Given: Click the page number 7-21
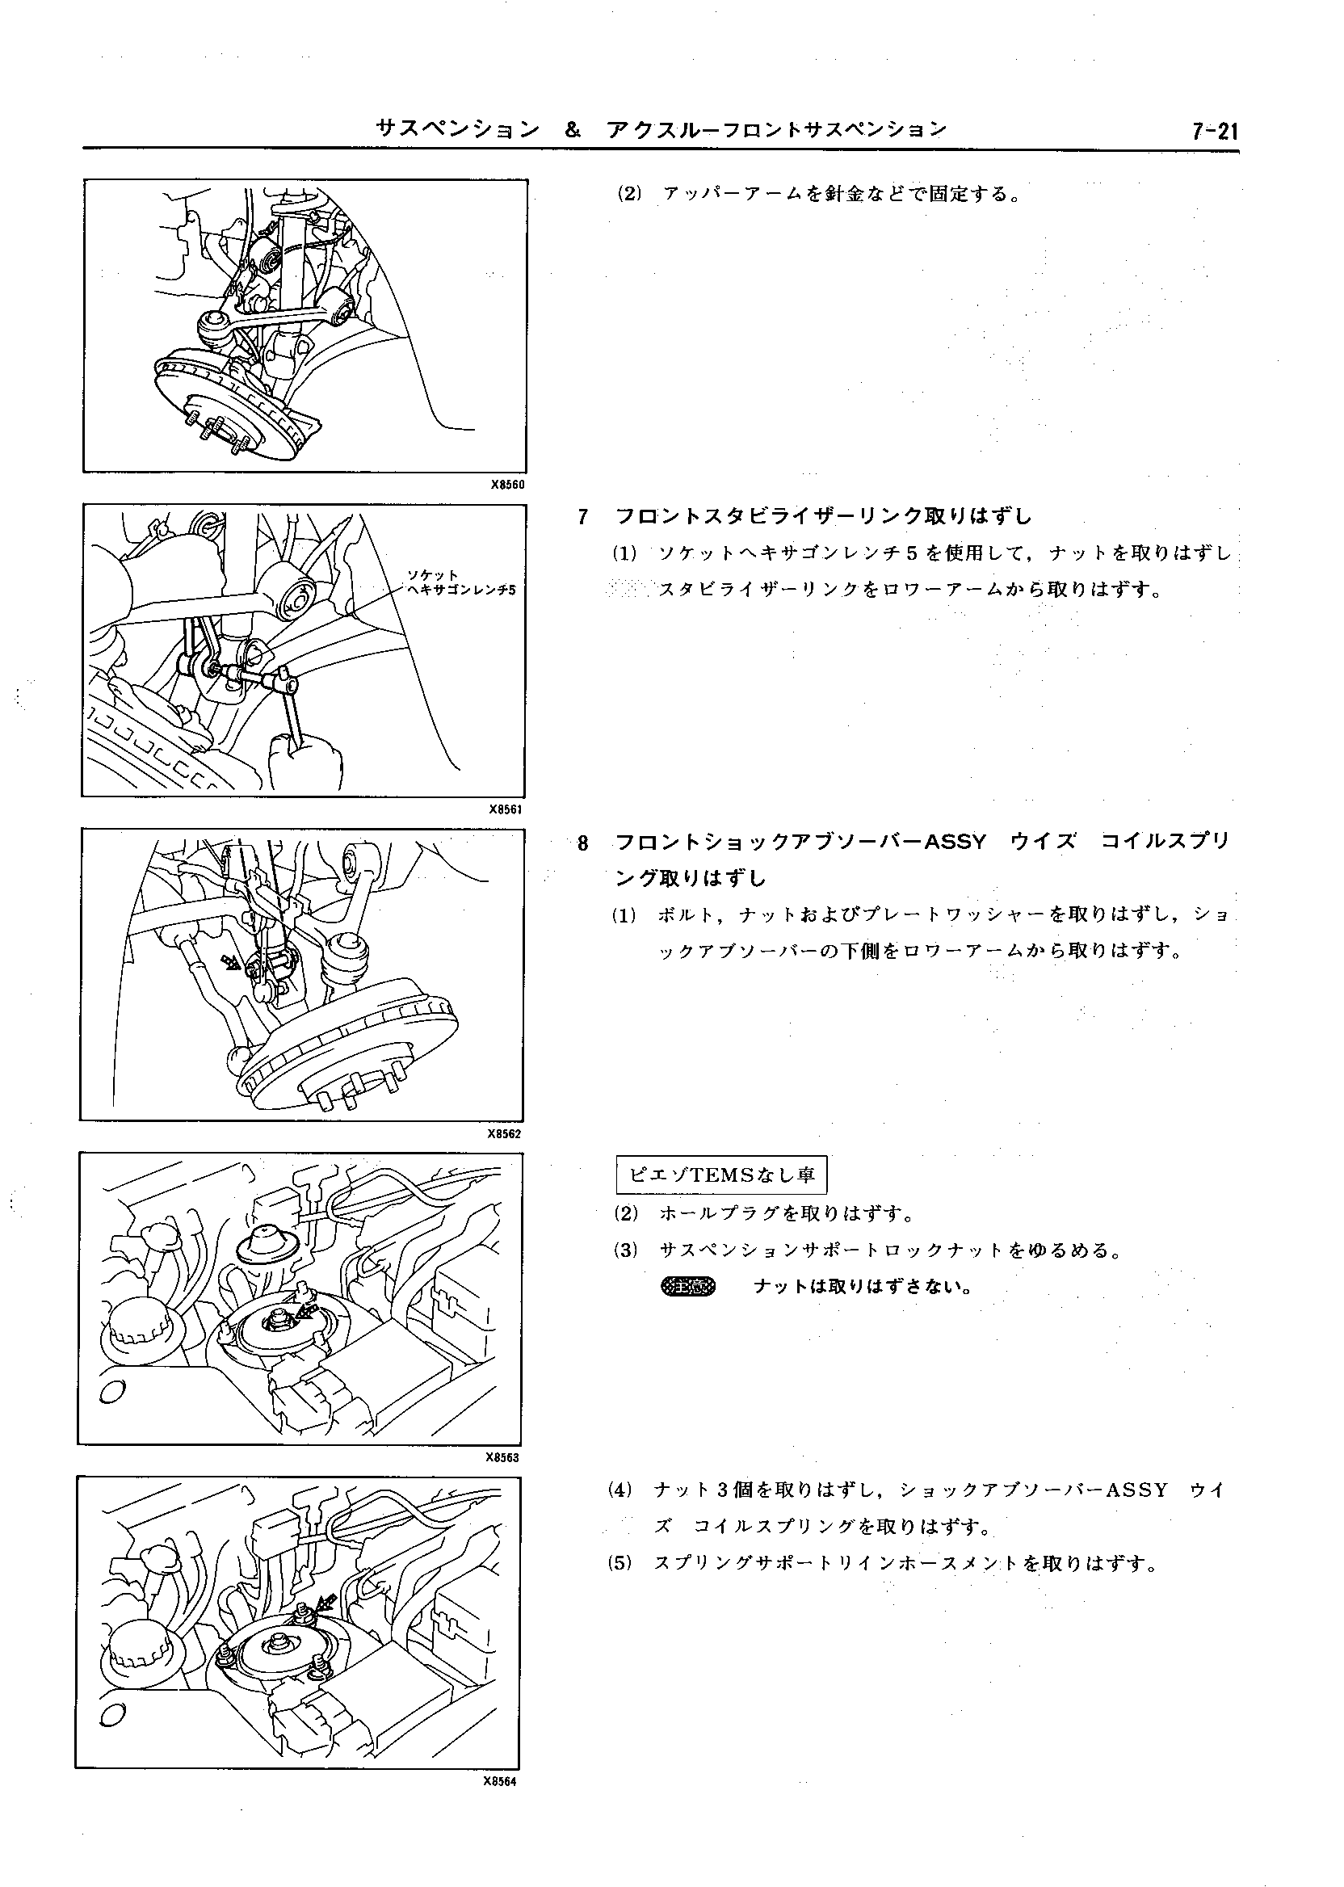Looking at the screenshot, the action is [x=1214, y=132].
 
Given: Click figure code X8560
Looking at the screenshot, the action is [x=507, y=485].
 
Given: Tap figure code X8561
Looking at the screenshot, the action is [x=506, y=809].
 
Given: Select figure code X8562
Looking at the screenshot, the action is [x=505, y=1134].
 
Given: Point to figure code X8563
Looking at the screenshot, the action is [x=502, y=1458].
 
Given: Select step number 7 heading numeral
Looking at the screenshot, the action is [x=582, y=517].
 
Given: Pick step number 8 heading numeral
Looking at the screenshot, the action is [x=582, y=843].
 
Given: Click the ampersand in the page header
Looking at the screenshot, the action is [x=572, y=130].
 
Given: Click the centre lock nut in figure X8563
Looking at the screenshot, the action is [x=278, y=1319].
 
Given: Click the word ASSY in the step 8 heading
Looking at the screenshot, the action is [x=955, y=843].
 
